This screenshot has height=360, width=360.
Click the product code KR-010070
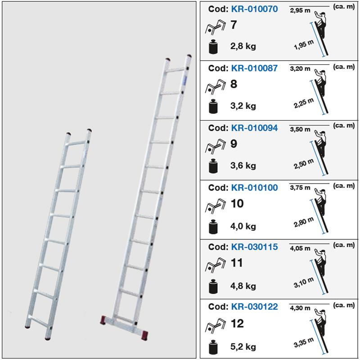click(254, 9)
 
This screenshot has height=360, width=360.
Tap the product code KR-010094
click(254, 128)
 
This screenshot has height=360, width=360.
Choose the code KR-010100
click(254, 187)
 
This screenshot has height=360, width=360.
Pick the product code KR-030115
click(254, 247)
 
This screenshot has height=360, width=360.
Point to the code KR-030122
click(254, 306)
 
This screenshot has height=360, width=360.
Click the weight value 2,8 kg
click(243, 46)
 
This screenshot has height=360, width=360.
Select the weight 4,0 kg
click(243, 225)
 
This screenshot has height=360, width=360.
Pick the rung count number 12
click(237, 323)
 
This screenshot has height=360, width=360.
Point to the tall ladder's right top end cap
click(188, 58)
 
